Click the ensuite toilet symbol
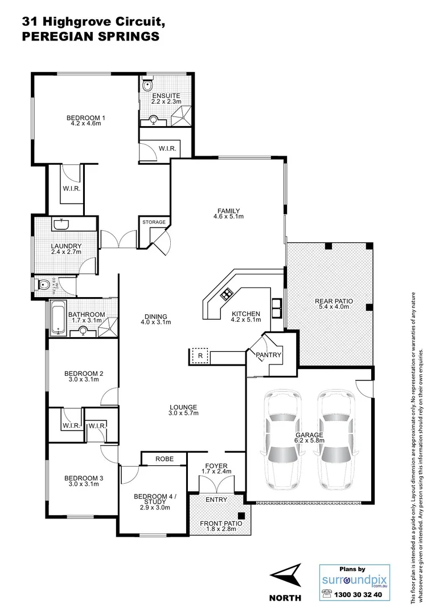point(147,86)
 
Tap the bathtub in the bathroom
point(57,321)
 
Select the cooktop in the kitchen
point(226,294)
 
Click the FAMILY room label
point(226,210)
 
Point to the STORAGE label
point(154,222)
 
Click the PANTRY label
point(269,355)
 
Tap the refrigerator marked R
point(200,355)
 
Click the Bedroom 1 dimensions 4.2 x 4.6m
point(84,123)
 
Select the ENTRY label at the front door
point(216,500)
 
